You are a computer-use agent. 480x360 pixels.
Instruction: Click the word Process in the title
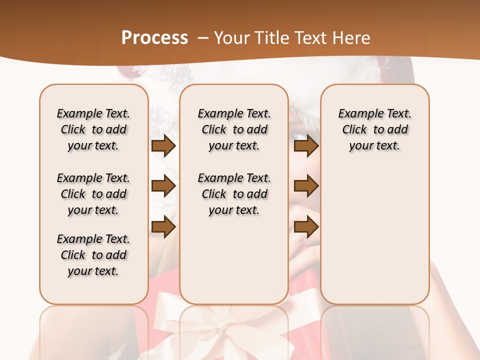(x=154, y=38)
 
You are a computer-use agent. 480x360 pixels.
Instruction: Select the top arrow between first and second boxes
(x=163, y=146)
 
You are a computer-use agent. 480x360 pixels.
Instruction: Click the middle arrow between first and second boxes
(x=163, y=186)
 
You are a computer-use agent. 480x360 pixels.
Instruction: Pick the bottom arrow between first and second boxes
(x=163, y=227)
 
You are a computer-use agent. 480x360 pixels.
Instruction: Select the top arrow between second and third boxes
(x=306, y=146)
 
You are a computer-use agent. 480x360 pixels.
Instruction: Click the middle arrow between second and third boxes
(x=306, y=186)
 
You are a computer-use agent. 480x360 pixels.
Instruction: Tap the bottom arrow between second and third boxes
(x=306, y=227)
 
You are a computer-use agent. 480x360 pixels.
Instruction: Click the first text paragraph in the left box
(x=93, y=129)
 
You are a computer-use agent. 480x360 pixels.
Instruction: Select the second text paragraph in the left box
(x=93, y=194)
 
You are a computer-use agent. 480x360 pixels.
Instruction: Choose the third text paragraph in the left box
(x=93, y=255)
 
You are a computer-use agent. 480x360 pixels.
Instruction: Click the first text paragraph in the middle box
(x=234, y=129)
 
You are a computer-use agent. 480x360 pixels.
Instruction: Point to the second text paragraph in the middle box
(x=234, y=194)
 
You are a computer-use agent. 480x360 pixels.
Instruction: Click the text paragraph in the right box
(x=375, y=129)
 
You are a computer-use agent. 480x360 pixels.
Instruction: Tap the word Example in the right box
(x=357, y=114)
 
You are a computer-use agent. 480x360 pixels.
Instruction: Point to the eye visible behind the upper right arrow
(x=298, y=136)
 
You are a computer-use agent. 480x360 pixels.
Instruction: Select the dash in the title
(x=203, y=38)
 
